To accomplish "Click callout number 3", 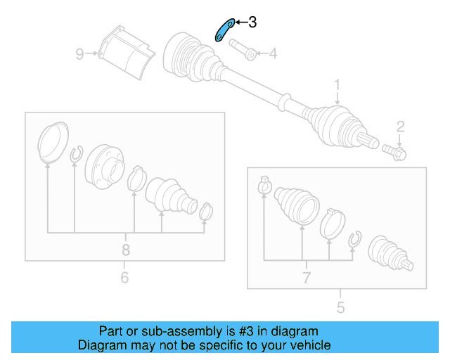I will (x=252, y=22).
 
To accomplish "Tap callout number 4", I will (x=272, y=53).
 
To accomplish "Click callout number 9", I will (x=80, y=53).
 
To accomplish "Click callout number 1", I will (x=337, y=86).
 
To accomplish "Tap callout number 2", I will (x=400, y=127).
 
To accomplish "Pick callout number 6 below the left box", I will (x=124, y=278).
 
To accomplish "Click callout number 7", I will (x=307, y=277).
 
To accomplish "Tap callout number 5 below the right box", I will (x=340, y=307).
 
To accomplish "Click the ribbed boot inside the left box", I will (x=169, y=195).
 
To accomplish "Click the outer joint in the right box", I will (x=391, y=253).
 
